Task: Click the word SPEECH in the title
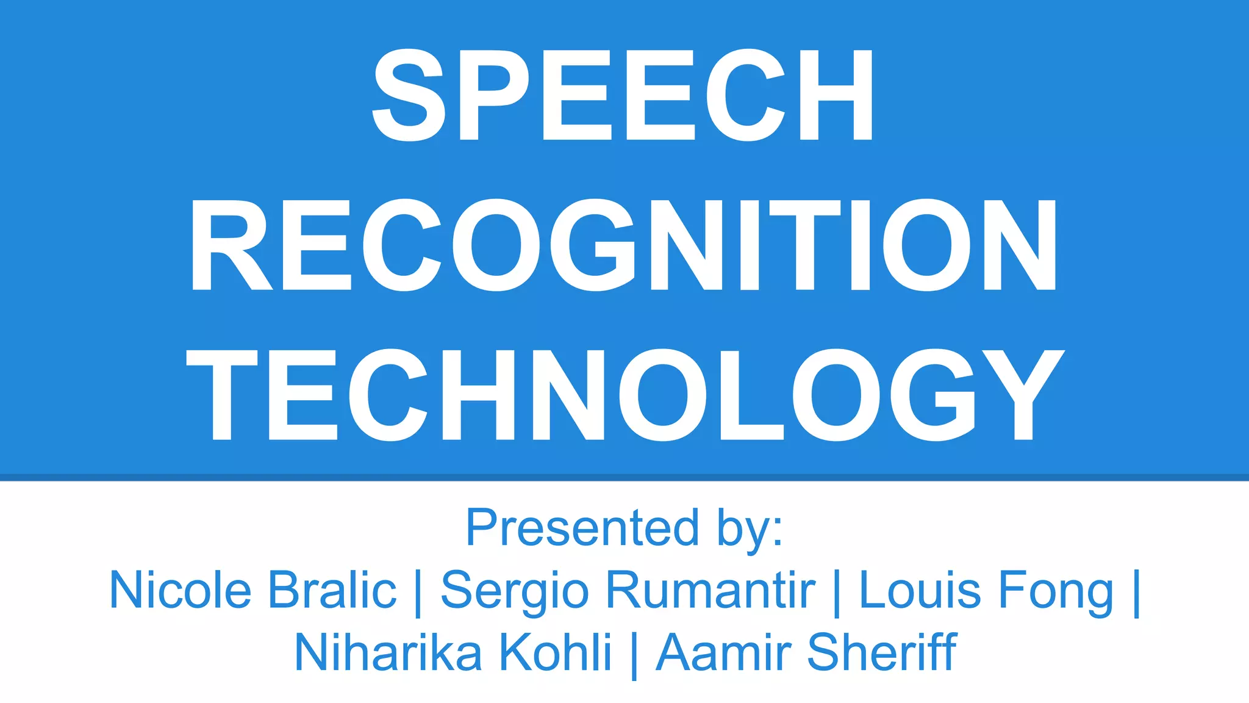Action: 623,95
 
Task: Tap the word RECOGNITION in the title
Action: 623,244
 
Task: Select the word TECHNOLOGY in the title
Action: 624,394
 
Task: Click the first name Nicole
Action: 181,590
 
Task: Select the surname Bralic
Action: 332,590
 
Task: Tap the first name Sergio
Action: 515,592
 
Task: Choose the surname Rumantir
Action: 710,590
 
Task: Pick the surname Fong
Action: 1054,592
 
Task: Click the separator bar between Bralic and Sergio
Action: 418,592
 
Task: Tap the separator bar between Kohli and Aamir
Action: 634,654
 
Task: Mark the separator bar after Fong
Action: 1136,592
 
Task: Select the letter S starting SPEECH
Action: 407,95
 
